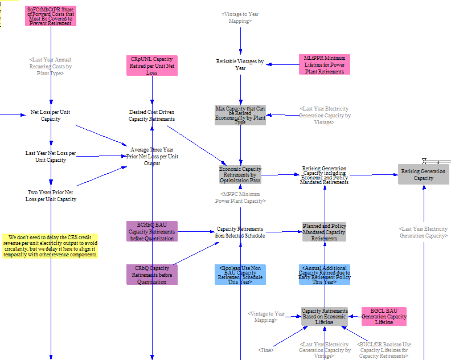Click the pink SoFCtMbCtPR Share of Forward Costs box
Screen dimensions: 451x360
coord(51,16)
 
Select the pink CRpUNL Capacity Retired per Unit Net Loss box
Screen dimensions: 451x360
coord(152,66)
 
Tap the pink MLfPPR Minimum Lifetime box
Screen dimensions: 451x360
coord(325,64)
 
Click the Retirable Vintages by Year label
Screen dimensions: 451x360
coord(240,65)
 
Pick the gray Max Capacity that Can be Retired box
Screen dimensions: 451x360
coord(240,115)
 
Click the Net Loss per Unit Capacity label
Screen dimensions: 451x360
coord(50,116)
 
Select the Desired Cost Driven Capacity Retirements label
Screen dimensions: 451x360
coord(151,116)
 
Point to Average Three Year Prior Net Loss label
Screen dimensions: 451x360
coord(152,156)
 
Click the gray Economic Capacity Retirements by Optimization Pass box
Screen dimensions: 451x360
coord(240,175)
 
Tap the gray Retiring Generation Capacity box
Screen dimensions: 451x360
coord(424,174)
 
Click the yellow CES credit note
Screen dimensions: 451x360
coord(50,246)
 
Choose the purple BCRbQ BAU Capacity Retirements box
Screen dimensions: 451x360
coord(152,231)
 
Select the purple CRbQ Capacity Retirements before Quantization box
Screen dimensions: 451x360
coord(152,275)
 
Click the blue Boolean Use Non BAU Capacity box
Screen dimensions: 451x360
coord(240,275)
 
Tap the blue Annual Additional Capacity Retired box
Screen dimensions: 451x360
coord(325,275)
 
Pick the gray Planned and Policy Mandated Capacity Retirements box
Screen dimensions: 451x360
coord(324,232)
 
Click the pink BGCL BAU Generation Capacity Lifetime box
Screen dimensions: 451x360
coord(384,316)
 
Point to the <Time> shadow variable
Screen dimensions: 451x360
coord(265,350)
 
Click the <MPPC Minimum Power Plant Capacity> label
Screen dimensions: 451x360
coord(240,198)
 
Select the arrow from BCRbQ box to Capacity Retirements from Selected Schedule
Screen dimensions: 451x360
coord(196,232)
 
